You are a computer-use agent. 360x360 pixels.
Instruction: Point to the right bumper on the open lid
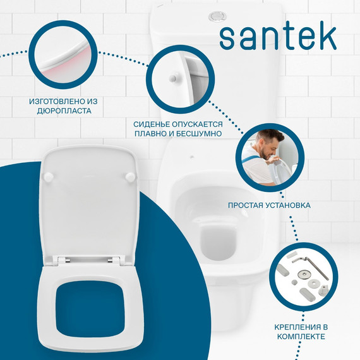(x=131, y=179)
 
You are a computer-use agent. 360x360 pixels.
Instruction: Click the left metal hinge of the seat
(x=61, y=260)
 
